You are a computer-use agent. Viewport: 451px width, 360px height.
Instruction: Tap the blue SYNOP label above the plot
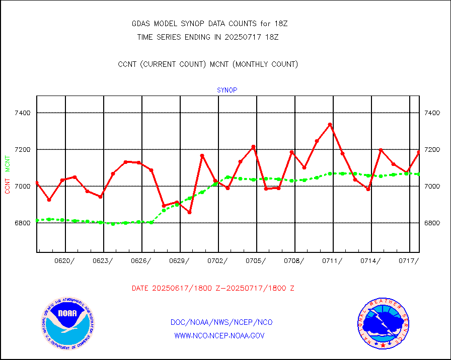click(227, 91)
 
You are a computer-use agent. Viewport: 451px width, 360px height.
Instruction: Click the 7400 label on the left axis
click(23, 113)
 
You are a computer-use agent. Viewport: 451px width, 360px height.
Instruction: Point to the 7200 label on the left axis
click(23, 150)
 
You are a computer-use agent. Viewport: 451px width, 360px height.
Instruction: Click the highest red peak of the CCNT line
click(330, 124)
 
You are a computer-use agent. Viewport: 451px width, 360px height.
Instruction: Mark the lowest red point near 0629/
click(189, 212)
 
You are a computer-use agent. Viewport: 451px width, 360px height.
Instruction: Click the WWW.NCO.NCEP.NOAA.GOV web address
click(219, 335)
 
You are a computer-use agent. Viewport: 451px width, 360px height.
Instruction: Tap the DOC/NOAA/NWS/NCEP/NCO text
click(222, 322)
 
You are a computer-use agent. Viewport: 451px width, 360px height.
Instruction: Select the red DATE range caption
click(213, 289)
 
